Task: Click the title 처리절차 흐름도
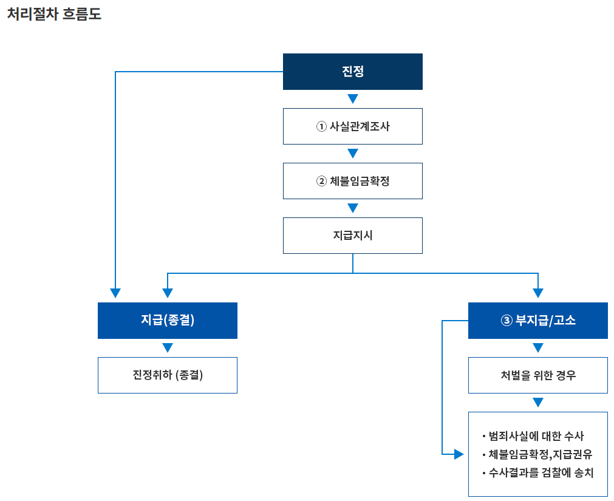[54, 15]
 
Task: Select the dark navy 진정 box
[352, 72]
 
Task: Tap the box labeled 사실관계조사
[352, 126]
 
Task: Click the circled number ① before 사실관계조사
[321, 126]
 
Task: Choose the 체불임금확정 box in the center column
[352, 181]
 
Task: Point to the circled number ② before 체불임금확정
[321, 181]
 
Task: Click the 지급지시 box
[352, 236]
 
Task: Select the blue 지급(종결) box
[167, 321]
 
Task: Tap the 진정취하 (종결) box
[167, 375]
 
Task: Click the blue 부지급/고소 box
[537, 321]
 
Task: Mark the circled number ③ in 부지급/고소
[507, 321]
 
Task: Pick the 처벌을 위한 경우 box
[537, 375]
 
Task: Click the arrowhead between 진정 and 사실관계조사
[352, 99]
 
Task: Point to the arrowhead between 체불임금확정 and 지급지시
[352, 208]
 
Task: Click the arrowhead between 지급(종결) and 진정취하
[168, 348]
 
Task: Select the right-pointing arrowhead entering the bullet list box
[459, 454]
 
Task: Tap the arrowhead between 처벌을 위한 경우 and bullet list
[537, 403]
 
